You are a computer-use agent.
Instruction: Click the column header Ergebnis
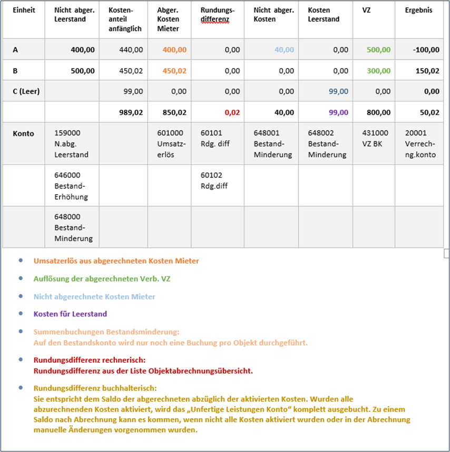coord(418,10)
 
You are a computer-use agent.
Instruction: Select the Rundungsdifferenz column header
coord(218,14)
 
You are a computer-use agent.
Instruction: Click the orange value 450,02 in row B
coord(174,71)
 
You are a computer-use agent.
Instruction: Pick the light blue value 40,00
coord(284,50)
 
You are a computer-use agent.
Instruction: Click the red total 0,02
coord(232,112)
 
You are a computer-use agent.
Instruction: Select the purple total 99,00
coord(338,112)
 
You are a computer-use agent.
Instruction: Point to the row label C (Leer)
coord(26,91)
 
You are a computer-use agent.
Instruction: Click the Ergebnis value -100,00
coord(426,50)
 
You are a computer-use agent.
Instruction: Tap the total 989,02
coord(130,112)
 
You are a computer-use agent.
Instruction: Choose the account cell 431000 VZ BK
coord(376,138)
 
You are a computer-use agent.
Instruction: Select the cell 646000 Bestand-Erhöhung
coord(71,185)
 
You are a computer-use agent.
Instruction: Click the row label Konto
coord(23,133)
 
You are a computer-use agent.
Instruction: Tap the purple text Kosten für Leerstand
coord(70,314)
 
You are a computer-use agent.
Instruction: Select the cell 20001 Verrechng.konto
coord(420,143)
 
